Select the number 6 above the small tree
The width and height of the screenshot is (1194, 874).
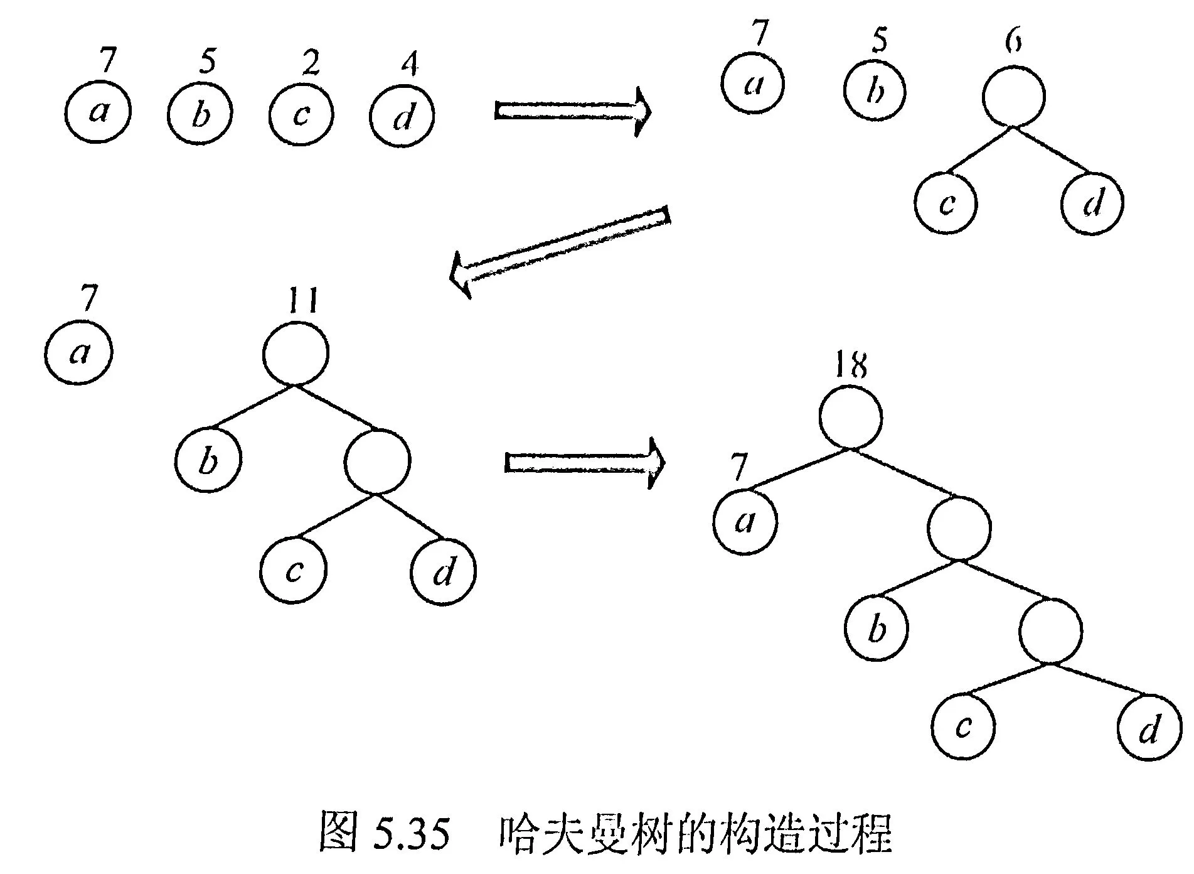pos(1013,41)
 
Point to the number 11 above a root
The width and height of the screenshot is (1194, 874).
pos(302,301)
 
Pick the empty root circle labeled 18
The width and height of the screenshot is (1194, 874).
pos(851,417)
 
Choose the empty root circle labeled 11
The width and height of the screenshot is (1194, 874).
pos(296,353)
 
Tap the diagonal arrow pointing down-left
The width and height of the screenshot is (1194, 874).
pos(560,250)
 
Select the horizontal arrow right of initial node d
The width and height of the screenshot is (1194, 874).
pos(573,111)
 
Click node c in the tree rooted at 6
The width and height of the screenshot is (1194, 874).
pos(946,202)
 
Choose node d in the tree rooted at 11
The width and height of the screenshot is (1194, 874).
pos(444,572)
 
